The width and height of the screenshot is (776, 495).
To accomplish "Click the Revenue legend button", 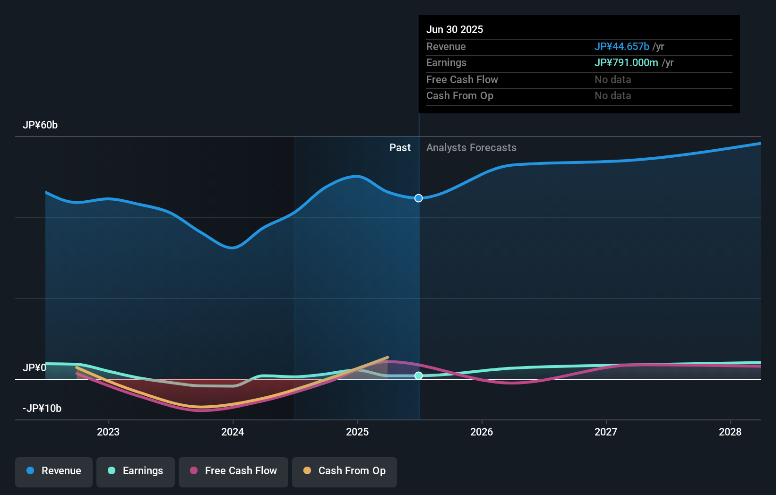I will coord(54,471).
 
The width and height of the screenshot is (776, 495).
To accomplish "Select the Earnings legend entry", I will coord(136,471).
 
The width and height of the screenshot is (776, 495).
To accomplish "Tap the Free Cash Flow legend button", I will coord(233,471).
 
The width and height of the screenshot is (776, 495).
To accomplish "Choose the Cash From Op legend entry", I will coord(345,471).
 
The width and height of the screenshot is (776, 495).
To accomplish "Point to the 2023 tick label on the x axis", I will coord(108,432).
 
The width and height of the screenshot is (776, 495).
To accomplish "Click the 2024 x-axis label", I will coord(233,432).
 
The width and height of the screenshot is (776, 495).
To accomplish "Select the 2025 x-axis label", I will coord(357,432).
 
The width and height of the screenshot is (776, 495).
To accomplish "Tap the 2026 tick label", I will coord(482,432).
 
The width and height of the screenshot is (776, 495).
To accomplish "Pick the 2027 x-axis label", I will coord(606,432).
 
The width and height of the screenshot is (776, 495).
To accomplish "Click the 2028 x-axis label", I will coord(730,432).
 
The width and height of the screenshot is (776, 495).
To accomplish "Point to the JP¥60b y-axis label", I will coord(40,125).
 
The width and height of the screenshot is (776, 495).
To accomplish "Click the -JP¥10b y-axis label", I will coord(42,409).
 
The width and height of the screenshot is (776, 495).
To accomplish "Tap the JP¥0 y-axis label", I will coord(34,368).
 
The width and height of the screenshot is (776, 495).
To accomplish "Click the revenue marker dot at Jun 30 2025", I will coord(419,198).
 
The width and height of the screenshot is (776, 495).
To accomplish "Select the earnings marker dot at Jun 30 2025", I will coord(419,376).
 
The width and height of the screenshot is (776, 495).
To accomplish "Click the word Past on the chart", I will coord(400,148).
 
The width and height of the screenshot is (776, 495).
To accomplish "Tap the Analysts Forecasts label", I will coord(471,148).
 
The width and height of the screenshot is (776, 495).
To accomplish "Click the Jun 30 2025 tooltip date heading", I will coord(455,29).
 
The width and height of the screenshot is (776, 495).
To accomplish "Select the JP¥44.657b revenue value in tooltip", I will coord(622,47).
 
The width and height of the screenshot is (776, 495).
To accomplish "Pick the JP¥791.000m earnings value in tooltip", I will coord(626,63).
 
